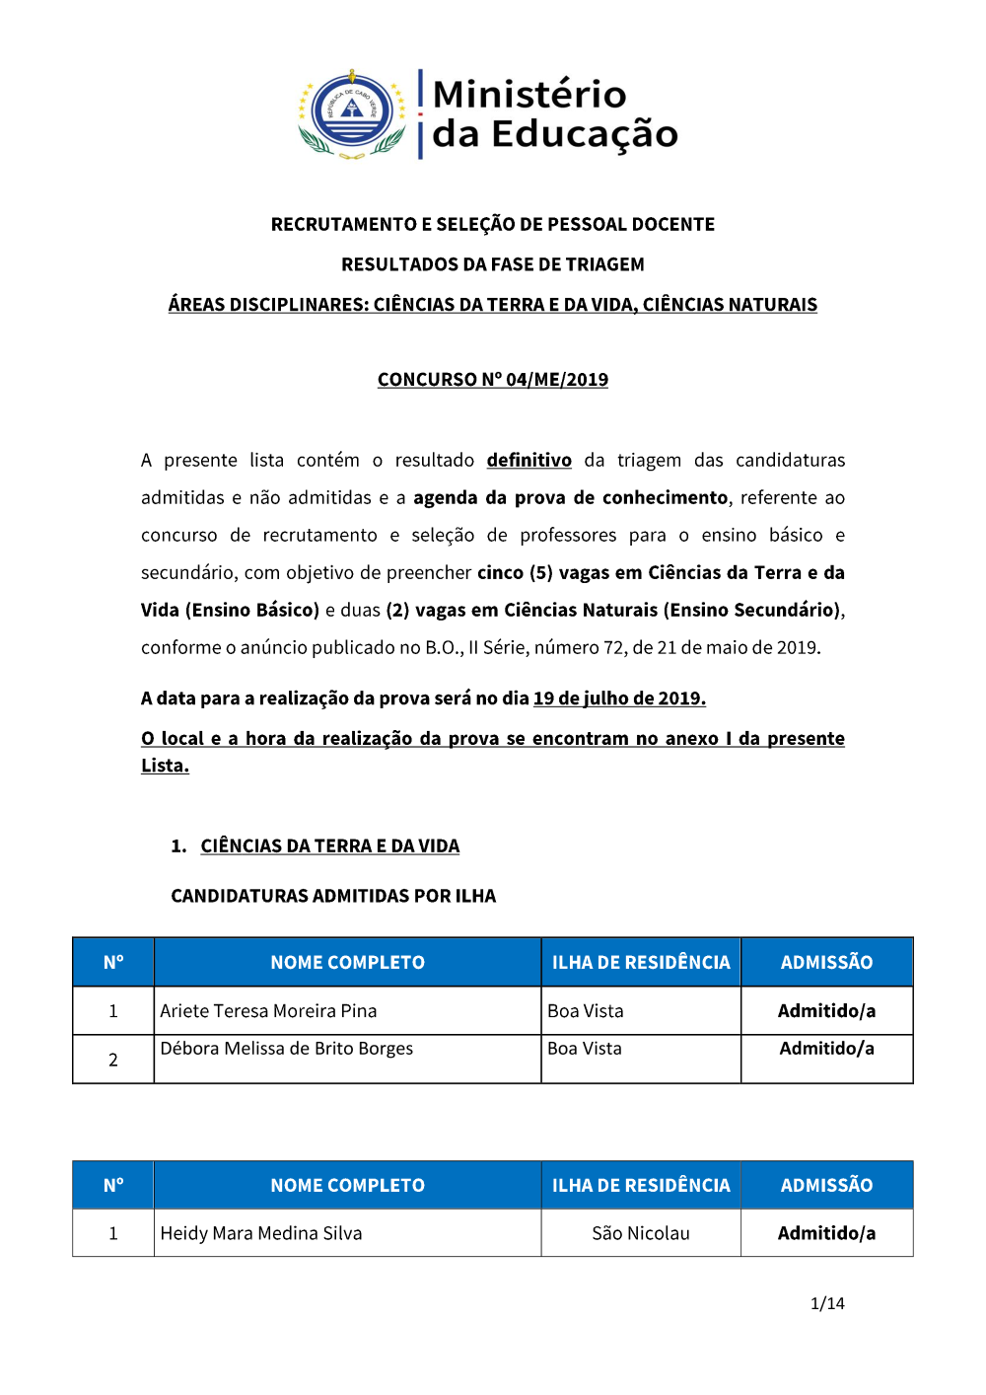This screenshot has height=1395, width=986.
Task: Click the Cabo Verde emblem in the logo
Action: tap(352, 113)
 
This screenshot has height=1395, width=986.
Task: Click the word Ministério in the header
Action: tap(529, 95)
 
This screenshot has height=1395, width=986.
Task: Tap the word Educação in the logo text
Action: tap(585, 134)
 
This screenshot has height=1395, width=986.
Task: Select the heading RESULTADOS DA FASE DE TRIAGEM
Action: tap(492, 264)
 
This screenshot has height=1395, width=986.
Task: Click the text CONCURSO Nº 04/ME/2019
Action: tap(492, 380)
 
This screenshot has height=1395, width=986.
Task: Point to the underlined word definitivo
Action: tap(528, 460)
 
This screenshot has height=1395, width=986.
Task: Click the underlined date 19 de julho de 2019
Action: tap(618, 698)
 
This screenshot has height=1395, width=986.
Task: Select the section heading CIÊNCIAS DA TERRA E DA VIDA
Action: tap(329, 846)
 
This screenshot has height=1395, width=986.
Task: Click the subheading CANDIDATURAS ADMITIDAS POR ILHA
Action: tap(333, 896)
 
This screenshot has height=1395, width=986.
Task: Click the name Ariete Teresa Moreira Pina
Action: tap(268, 1011)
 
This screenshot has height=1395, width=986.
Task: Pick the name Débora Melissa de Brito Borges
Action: tap(286, 1049)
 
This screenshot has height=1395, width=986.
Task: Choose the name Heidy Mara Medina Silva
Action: tap(261, 1233)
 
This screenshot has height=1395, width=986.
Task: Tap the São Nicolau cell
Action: tap(640, 1233)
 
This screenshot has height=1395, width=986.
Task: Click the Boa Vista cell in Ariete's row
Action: tap(586, 1011)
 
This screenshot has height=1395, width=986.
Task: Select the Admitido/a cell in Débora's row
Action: tap(826, 1049)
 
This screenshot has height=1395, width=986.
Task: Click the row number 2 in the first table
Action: tap(113, 1060)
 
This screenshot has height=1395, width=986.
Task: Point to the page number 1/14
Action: tap(827, 1303)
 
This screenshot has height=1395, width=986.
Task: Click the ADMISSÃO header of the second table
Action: tap(826, 1185)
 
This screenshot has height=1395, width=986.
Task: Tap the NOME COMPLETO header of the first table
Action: tap(347, 962)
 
